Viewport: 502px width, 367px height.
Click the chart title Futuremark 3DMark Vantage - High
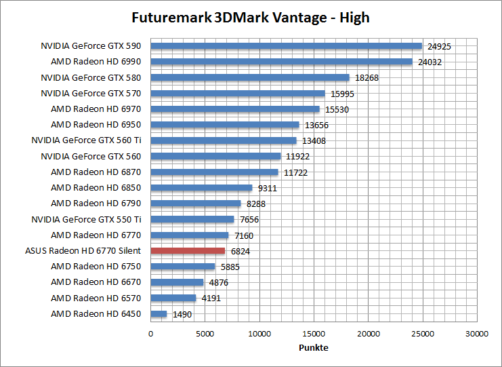pyautogui.click(x=251, y=17)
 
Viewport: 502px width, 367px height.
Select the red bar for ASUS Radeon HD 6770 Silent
pyautogui.click(x=188, y=251)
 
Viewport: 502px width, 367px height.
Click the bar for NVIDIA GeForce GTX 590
pyautogui.click(x=286, y=46)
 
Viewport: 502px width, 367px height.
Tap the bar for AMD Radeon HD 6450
pyautogui.click(x=159, y=313)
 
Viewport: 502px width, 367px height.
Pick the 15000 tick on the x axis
pyautogui.click(x=314, y=334)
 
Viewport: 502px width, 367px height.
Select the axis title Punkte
pyautogui.click(x=314, y=347)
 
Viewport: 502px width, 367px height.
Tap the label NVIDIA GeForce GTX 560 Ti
pyautogui.click(x=86, y=140)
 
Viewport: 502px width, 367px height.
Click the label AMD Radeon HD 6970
pyautogui.click(x=96, y=109)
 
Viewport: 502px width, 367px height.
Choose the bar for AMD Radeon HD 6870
pyautogui.click(x=214, y=172)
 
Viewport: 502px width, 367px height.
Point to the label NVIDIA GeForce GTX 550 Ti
pyautogui.click(x=86, y=219)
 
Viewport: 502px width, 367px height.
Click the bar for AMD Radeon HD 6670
pyautogui.click(x=177, y=282)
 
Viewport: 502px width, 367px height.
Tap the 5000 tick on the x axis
pyautogui.click(x=205, y=334)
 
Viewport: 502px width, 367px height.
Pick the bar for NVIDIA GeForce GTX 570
pyautogui.click(x=238, y=93)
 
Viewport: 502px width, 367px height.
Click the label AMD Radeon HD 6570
pyautogui.click(x=96, y=298)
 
